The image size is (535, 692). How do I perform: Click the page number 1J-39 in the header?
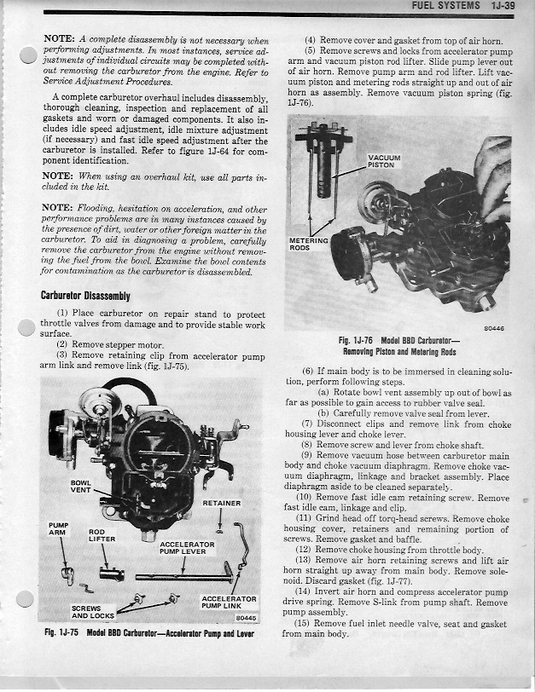506,6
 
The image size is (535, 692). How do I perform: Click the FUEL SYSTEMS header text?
446,6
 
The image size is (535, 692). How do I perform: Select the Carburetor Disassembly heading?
85,296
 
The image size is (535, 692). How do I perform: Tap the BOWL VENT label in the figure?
81,487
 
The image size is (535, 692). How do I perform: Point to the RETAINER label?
221,503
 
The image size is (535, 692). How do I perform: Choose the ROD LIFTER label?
102,535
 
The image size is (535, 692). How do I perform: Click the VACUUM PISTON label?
382,161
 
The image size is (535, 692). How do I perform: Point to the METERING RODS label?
308,244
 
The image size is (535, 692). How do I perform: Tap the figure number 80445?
246,618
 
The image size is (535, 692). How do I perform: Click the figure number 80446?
494,327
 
